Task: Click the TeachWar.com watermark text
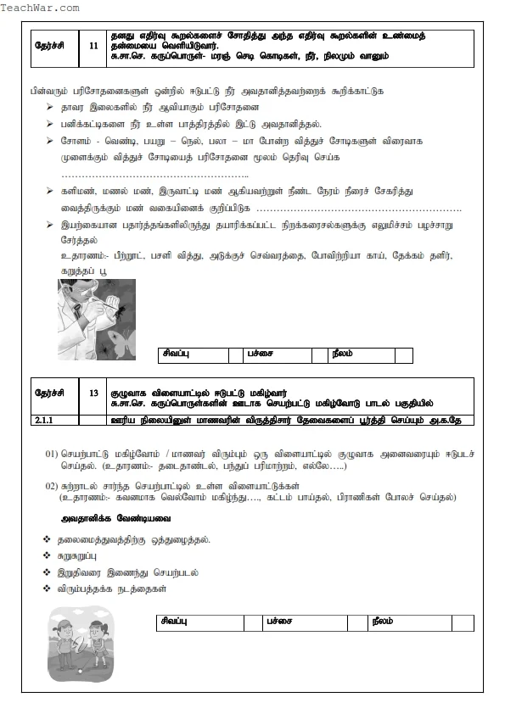click(x=40, y=8)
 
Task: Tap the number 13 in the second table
click(x=93, y=393)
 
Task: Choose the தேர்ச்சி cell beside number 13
click(x=53, y=393)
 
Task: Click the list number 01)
click(x=52, y=454)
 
